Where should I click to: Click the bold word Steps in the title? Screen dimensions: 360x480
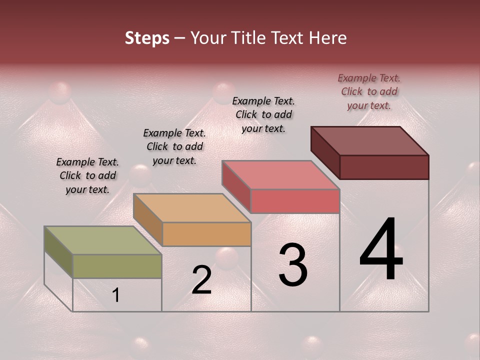click(x=147, y=38)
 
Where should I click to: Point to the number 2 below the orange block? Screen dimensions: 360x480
click(x=201, y=280)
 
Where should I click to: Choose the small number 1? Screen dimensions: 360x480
click(x=116, y=295)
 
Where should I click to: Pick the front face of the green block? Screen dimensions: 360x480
click(x=117, y=266)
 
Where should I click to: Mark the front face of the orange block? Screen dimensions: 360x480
click(x=206, y=234)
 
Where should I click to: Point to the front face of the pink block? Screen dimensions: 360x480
click(x=295, y=201)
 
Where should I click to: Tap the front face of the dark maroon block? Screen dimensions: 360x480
click(x=384, y=167)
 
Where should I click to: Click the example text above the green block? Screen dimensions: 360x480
click(x=87, y=175)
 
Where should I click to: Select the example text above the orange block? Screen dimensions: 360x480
click(x=174, y=146)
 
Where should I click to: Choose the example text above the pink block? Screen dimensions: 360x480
click(x=263, y=114)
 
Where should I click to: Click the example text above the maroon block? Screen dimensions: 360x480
click(x=369, y=91)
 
